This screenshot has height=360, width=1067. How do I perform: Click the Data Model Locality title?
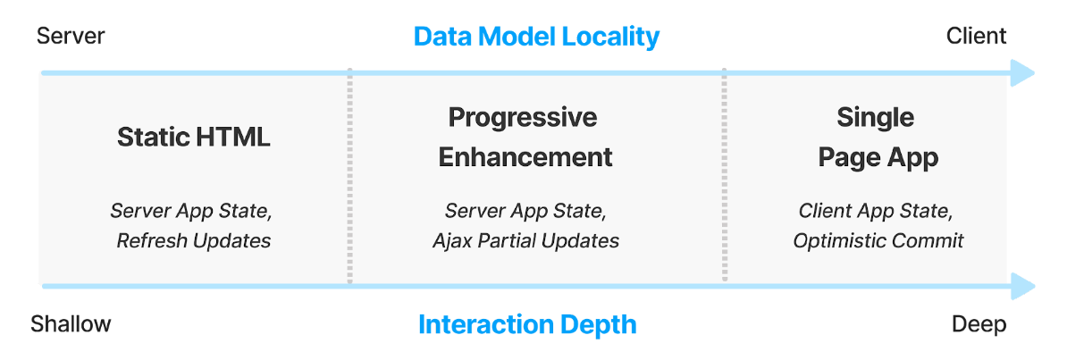tap(536, 37)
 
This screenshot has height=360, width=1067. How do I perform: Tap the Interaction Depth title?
tap(527, 324)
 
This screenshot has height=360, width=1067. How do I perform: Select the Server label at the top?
tap(71, 36)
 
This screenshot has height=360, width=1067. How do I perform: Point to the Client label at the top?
tap(977, 36)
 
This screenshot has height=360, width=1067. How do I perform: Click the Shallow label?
tap(71, 324)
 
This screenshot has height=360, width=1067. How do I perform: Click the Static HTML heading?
tap(194, 138)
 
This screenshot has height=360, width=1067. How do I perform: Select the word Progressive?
tap(523, 118)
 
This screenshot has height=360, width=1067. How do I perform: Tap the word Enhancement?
tap(525, 157)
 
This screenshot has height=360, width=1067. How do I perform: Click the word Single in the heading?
tap(876, 118)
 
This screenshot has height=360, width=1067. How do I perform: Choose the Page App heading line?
tap(878, 158)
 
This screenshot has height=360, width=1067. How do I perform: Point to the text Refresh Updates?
tap(194, 240)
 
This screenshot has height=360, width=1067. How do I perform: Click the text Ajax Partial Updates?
tap(526, 240)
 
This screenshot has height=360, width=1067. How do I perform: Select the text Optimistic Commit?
tap(878, 240)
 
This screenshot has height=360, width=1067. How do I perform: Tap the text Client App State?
tap(876, 211)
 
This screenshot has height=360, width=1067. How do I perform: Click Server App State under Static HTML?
tap(191, 211)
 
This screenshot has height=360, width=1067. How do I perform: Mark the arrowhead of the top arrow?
tap(1023, 73)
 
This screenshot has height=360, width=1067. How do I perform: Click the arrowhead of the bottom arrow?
tap(1023, 286)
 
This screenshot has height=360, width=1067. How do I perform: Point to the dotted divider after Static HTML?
tap(349, 176)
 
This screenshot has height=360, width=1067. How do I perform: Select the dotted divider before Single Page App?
tap(724, 176)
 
